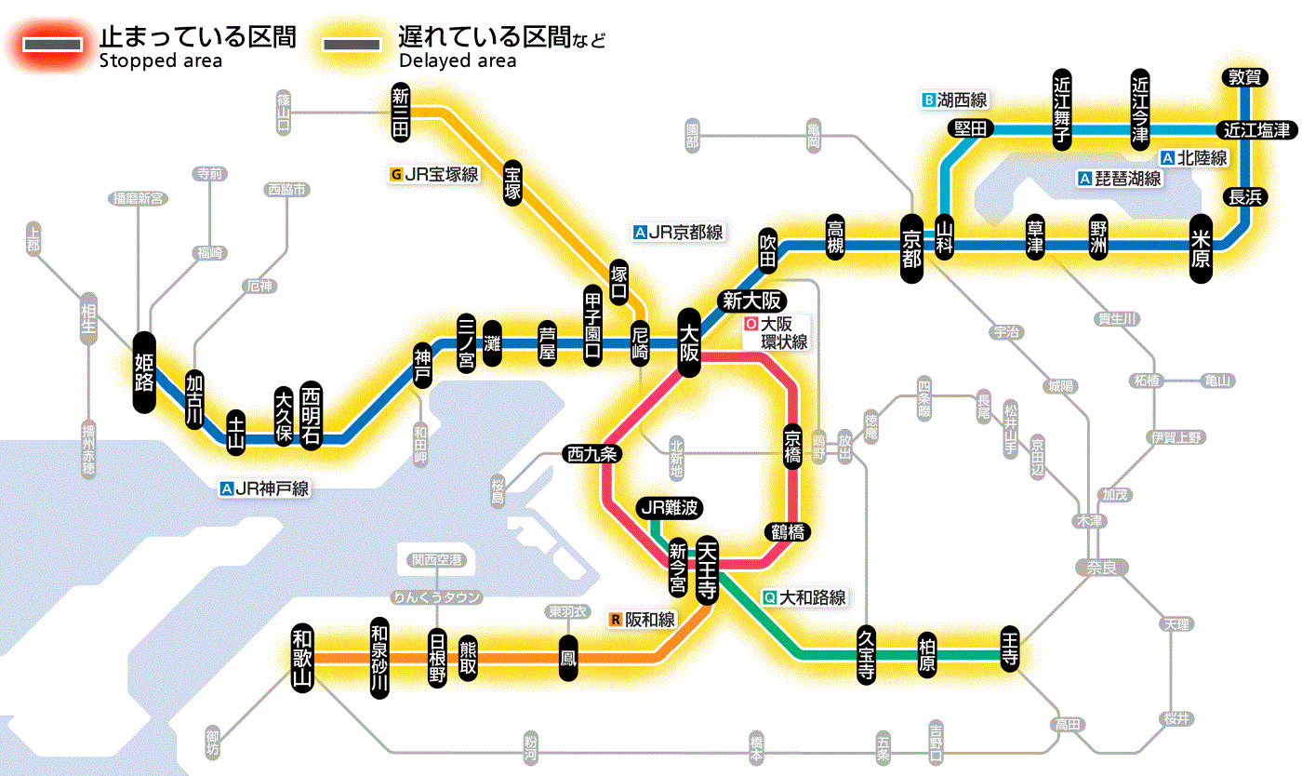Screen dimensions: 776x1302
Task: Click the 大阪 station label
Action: click(x=689, y=342)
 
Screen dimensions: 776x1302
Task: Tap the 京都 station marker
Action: click(x=911, y=245)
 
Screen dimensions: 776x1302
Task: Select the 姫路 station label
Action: click(x=144, y=371)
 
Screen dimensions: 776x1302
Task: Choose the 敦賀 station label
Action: click(x=1243, y=77)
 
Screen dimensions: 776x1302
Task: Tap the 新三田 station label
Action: click(x=401, y=112)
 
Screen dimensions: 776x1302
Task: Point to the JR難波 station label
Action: click(x=670, y=508)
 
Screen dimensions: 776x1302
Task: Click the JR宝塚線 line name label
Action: click(x=435, y=174)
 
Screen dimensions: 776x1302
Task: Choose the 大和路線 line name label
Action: click(x=804, y=598)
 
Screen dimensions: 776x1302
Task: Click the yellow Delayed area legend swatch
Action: click(x=352, y=45)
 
